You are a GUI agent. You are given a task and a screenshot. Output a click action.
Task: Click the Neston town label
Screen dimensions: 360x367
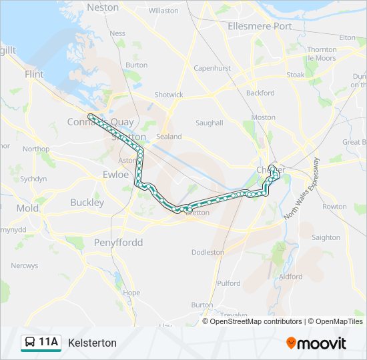pyautogui.click(x=103, y=8)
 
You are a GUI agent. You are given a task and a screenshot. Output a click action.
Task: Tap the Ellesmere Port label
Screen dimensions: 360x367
pyautogui.click(x=260, y=26)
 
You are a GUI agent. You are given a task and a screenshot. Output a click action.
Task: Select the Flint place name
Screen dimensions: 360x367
pyautogui.click(x=34, y=75)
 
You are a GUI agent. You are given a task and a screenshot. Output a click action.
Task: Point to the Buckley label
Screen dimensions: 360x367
pyautogui.click(x=87, y=202)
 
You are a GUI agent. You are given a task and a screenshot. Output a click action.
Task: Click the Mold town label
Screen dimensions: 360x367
pyautogui.click(x=27, y=208)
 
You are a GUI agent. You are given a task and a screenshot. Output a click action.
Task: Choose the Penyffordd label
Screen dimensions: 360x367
pyautogui.click(x=118, y=242)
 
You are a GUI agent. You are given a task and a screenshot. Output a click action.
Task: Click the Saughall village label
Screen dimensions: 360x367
pyautogui.click(x=209, y=123)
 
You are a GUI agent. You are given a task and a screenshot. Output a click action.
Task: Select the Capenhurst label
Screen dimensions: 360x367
pyautogui.click(x=212, y=68)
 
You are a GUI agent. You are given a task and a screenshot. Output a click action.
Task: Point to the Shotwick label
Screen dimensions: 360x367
pyautogui.click(x=169, y=95)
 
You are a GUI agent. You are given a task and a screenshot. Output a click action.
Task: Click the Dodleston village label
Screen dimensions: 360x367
pyautogui.click(x=208, y=253)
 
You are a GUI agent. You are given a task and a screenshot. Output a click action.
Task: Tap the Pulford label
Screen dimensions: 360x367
pyautogui.click(x=229, y=283)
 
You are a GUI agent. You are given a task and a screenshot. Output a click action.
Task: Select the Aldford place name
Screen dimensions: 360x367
pyautogui.click(x=291, y=277)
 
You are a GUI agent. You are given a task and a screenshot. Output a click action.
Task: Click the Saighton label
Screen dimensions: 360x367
pyautogui.click(x=326, y=237)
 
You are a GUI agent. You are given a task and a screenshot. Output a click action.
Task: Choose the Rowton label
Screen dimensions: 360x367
pyautogui.click(x=334, y=207)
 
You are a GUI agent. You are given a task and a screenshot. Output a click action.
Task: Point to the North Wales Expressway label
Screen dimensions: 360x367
pyautogui.click(x=302, y=189)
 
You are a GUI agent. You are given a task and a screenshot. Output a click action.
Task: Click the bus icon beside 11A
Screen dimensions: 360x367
pyautogui.click(x=30, y=343)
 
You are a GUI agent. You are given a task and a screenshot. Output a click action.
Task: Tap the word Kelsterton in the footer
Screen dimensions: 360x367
pyautogui.click(x=92, y=343)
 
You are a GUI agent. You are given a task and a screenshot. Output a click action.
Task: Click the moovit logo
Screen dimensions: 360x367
pyautogui.click(x=316, y=343)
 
